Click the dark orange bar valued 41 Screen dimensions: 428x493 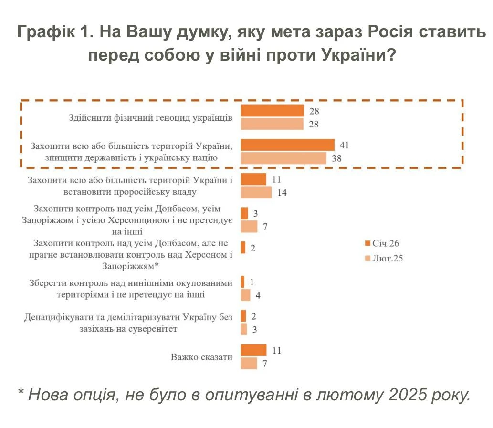[x=287, y=145]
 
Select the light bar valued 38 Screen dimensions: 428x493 [x=283, y=158]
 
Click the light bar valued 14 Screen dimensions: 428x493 [x=256, y=193]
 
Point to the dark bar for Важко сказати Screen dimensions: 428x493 [x=253, y=350]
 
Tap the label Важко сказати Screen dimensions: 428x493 [x=201, y=357]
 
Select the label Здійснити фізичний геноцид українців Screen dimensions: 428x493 [x=150, y=118]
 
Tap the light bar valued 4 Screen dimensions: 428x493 [x=245, y=295]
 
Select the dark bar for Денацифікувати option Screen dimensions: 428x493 [x=243, y=316]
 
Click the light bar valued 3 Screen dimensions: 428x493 [x=244, y=329]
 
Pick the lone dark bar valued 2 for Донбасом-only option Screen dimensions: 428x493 [x=243, y=248]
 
